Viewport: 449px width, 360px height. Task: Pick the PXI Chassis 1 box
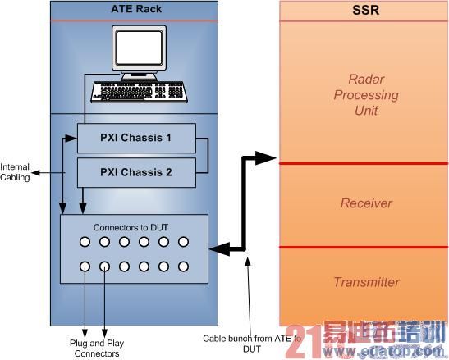[x=137, y=137]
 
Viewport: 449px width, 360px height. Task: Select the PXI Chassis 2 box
[x=137, y=171]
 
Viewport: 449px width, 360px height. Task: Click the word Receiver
[x=366, y=203]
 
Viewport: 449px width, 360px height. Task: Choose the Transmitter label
[x=366, y=282]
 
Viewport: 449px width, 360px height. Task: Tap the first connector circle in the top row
[x=85, y=242]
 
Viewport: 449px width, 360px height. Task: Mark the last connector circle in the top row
[x=185, y=242]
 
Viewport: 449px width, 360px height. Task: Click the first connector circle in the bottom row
[x=85, y=267]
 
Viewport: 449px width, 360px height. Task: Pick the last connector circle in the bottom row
[x=185, y=267]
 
